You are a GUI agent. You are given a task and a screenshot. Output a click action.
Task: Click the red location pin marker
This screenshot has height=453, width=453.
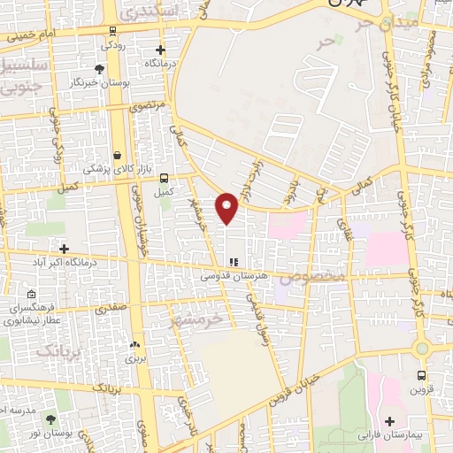click(227, 208)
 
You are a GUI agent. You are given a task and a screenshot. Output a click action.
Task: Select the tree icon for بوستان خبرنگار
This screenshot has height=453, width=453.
click(98, 68)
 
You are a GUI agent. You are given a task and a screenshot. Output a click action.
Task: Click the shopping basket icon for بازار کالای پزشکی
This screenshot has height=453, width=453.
click(117, 154)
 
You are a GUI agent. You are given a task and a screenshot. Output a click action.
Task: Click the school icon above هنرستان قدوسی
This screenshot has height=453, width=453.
click(234, 262)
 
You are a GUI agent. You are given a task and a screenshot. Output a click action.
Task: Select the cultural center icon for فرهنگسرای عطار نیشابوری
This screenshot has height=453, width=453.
click(31, 295)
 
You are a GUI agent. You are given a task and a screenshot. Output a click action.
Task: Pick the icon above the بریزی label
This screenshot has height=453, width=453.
click(134, 345)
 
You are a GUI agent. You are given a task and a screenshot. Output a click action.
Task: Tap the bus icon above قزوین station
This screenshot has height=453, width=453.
click(421, 374)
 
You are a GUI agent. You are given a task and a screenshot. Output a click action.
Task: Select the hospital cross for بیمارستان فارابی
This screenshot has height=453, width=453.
click(390, 421)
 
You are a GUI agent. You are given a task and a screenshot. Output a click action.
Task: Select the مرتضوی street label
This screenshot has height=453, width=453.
click(147, 105)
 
